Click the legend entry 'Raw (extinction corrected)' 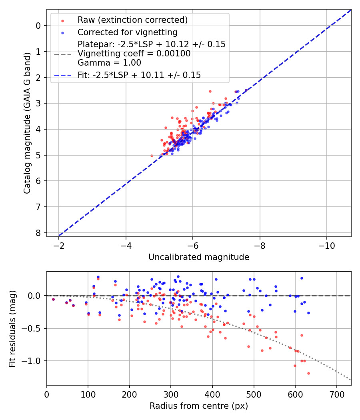(132, 20)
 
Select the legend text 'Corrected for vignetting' (127, 32)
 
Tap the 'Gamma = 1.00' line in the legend (109, 62)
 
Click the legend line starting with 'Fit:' (139, 75)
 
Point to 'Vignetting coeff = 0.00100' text (134, 53)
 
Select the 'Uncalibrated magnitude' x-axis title (199, 257)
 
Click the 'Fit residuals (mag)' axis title (12, 328)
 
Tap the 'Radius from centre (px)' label (199, 406)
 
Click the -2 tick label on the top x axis (59, 245)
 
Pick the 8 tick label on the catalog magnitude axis (38, 232)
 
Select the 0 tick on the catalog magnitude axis (38, 26)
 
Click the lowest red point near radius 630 (308, 373)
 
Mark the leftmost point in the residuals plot (53, 299)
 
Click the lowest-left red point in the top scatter (152, 156)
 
